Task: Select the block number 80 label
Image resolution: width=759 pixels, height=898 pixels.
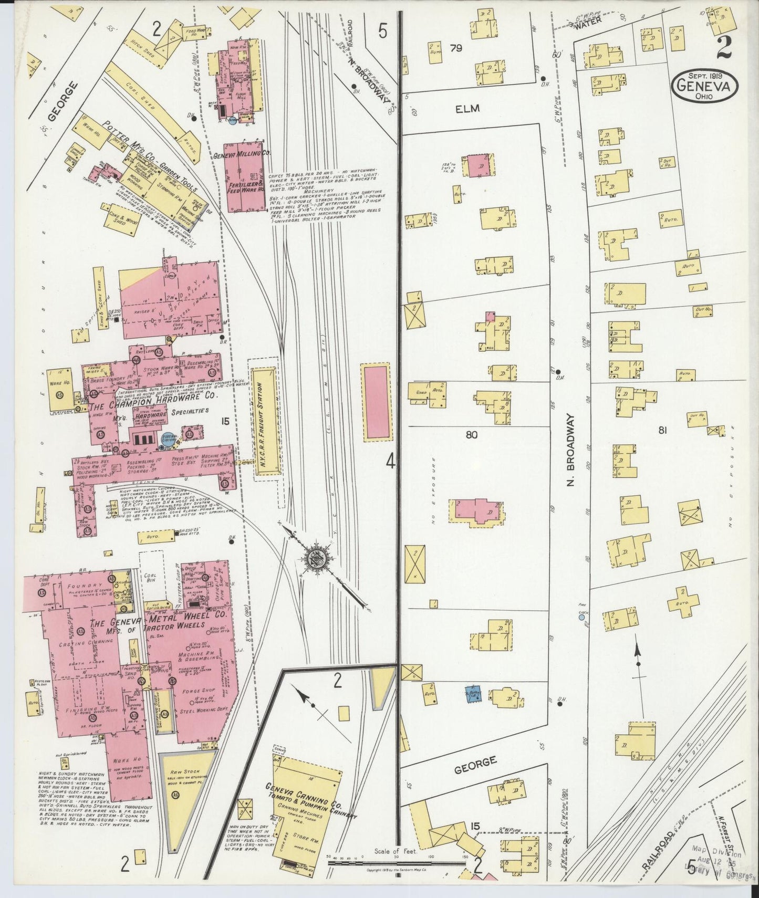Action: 471,435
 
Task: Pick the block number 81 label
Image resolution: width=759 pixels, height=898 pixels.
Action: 662,431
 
